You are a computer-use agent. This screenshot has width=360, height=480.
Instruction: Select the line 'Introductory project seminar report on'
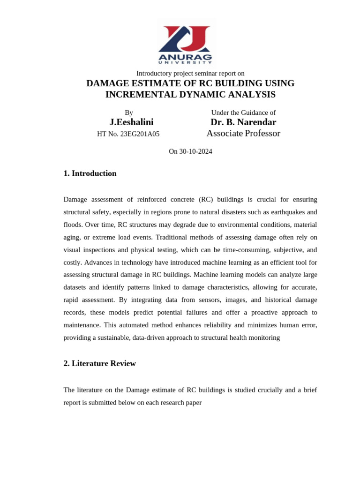[190, 74]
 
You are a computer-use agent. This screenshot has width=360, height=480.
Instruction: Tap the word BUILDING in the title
[238, 83]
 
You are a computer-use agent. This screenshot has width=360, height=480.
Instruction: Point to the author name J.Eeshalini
[131, 122]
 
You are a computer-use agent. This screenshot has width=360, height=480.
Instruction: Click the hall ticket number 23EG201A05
[140, 134]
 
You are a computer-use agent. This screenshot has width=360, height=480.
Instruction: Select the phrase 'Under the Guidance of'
[243, 112]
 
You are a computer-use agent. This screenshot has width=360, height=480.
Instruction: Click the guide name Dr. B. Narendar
[243, 122]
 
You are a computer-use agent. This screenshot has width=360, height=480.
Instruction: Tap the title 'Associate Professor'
[243, 134]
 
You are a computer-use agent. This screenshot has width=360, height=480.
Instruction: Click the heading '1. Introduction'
[90, 173]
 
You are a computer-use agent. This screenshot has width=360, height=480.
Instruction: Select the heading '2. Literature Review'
[99, 363]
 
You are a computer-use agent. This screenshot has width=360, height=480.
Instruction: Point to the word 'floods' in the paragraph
[72, 225]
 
